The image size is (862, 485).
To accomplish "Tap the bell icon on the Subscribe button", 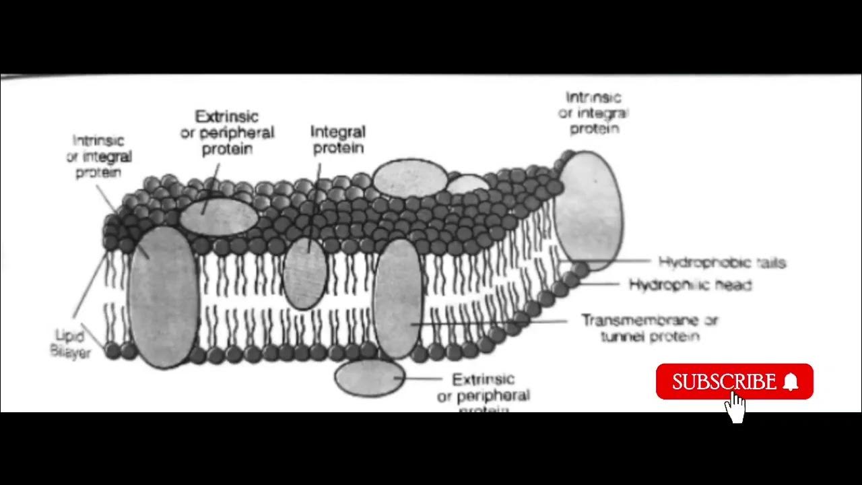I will [791, 382].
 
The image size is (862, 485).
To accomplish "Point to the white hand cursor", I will [736, 407].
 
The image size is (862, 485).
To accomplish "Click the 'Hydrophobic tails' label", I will [722, 262].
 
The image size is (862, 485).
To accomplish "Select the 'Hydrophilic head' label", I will [690, 285].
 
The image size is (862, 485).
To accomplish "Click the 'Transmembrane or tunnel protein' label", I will [650, 328].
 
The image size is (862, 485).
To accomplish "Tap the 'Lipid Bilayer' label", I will [69, 344].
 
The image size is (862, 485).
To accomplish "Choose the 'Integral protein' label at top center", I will [338, 139].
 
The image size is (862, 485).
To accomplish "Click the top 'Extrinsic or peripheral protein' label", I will [227, 133].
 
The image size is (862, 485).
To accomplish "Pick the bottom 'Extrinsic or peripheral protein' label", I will [483, 393].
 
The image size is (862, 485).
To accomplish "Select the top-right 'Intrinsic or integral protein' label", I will [593, 112].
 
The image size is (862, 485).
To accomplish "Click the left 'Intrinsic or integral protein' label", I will [98, 156].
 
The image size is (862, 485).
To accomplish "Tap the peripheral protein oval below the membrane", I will [369, 377].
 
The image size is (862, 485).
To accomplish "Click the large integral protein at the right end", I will [588, 209].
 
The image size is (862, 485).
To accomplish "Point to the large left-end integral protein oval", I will [162, 296].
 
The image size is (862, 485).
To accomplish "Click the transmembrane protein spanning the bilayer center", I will [398, 297].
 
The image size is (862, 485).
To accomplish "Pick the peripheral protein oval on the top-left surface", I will [218, 216].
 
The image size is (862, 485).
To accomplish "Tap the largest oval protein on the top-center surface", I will [409, 179].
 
